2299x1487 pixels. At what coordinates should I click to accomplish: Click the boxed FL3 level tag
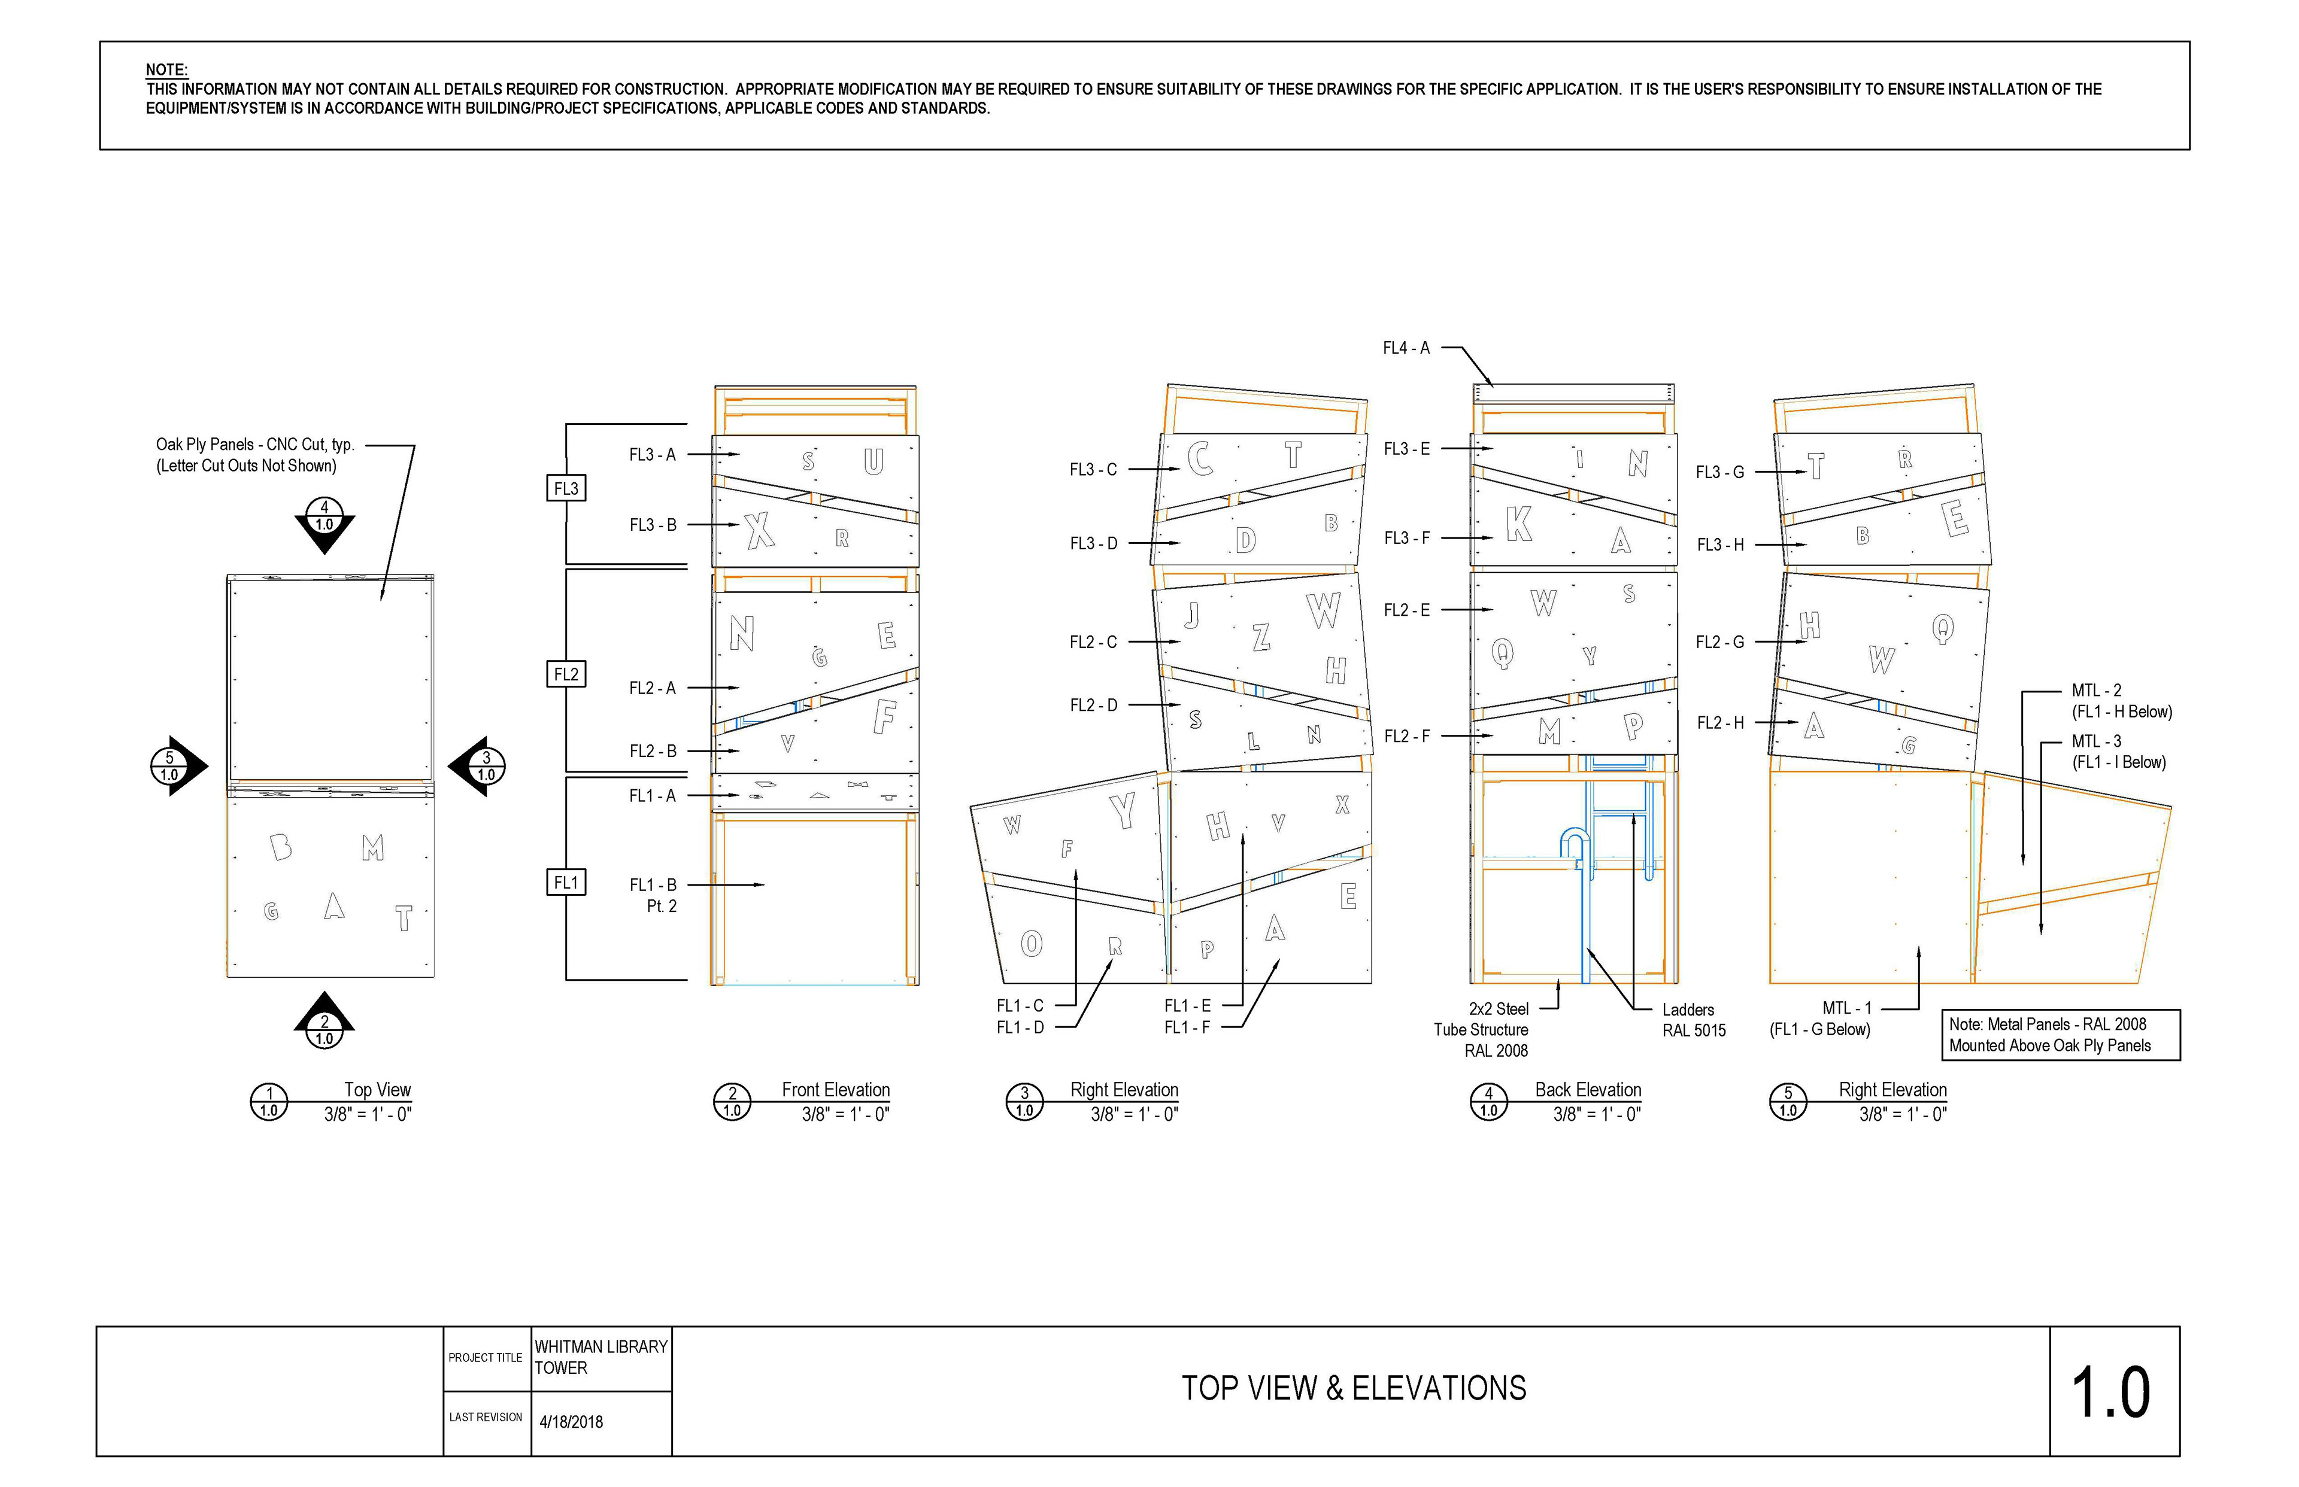pos(566,488)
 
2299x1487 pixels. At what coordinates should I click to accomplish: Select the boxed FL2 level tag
pos(566,674)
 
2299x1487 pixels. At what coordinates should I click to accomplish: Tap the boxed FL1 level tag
pos(566,883)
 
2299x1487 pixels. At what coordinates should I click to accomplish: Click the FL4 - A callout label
pos(1406,348)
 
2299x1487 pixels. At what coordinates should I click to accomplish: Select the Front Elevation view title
pos(836,1090)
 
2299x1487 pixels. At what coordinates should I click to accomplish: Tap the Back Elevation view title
pos(1588,1090)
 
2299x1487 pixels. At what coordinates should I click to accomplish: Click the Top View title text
pos(378,1090)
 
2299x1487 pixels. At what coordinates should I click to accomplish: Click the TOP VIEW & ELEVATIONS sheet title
pos(1354,1388)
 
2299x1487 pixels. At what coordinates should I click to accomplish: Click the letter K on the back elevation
pos(1518,524)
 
